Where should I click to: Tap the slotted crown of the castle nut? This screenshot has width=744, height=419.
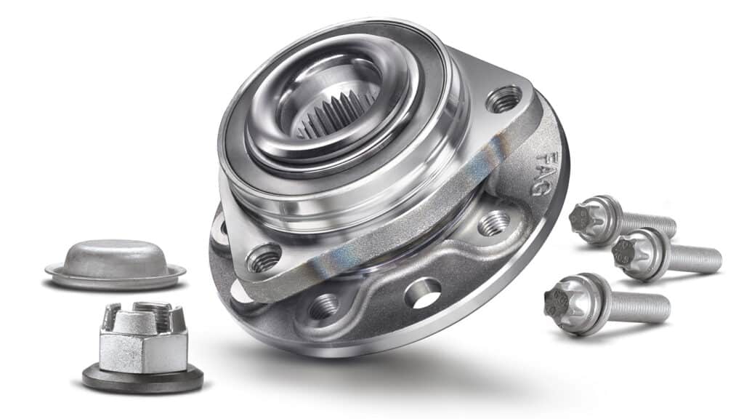point(143,316)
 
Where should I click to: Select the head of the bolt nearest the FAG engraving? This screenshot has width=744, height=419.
point(589,219)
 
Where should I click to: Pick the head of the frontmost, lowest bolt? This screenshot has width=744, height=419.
point(567,302)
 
